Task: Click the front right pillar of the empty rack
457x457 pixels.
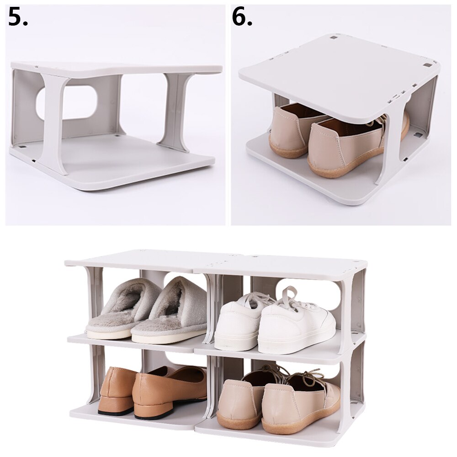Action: coord(178,110)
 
